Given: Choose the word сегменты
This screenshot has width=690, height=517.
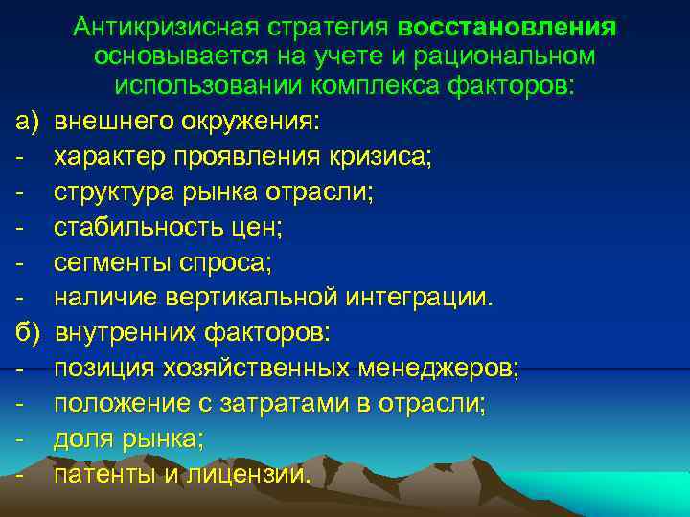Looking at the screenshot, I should point(105,263).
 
